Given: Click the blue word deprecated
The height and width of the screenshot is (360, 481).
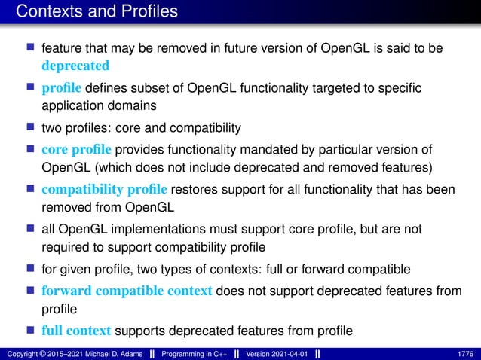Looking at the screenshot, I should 75,65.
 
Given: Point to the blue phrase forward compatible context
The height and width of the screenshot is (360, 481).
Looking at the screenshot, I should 127,291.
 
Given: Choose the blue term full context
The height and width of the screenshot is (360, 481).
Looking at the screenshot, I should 76,331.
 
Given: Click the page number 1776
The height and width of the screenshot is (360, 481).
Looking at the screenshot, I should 466,353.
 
